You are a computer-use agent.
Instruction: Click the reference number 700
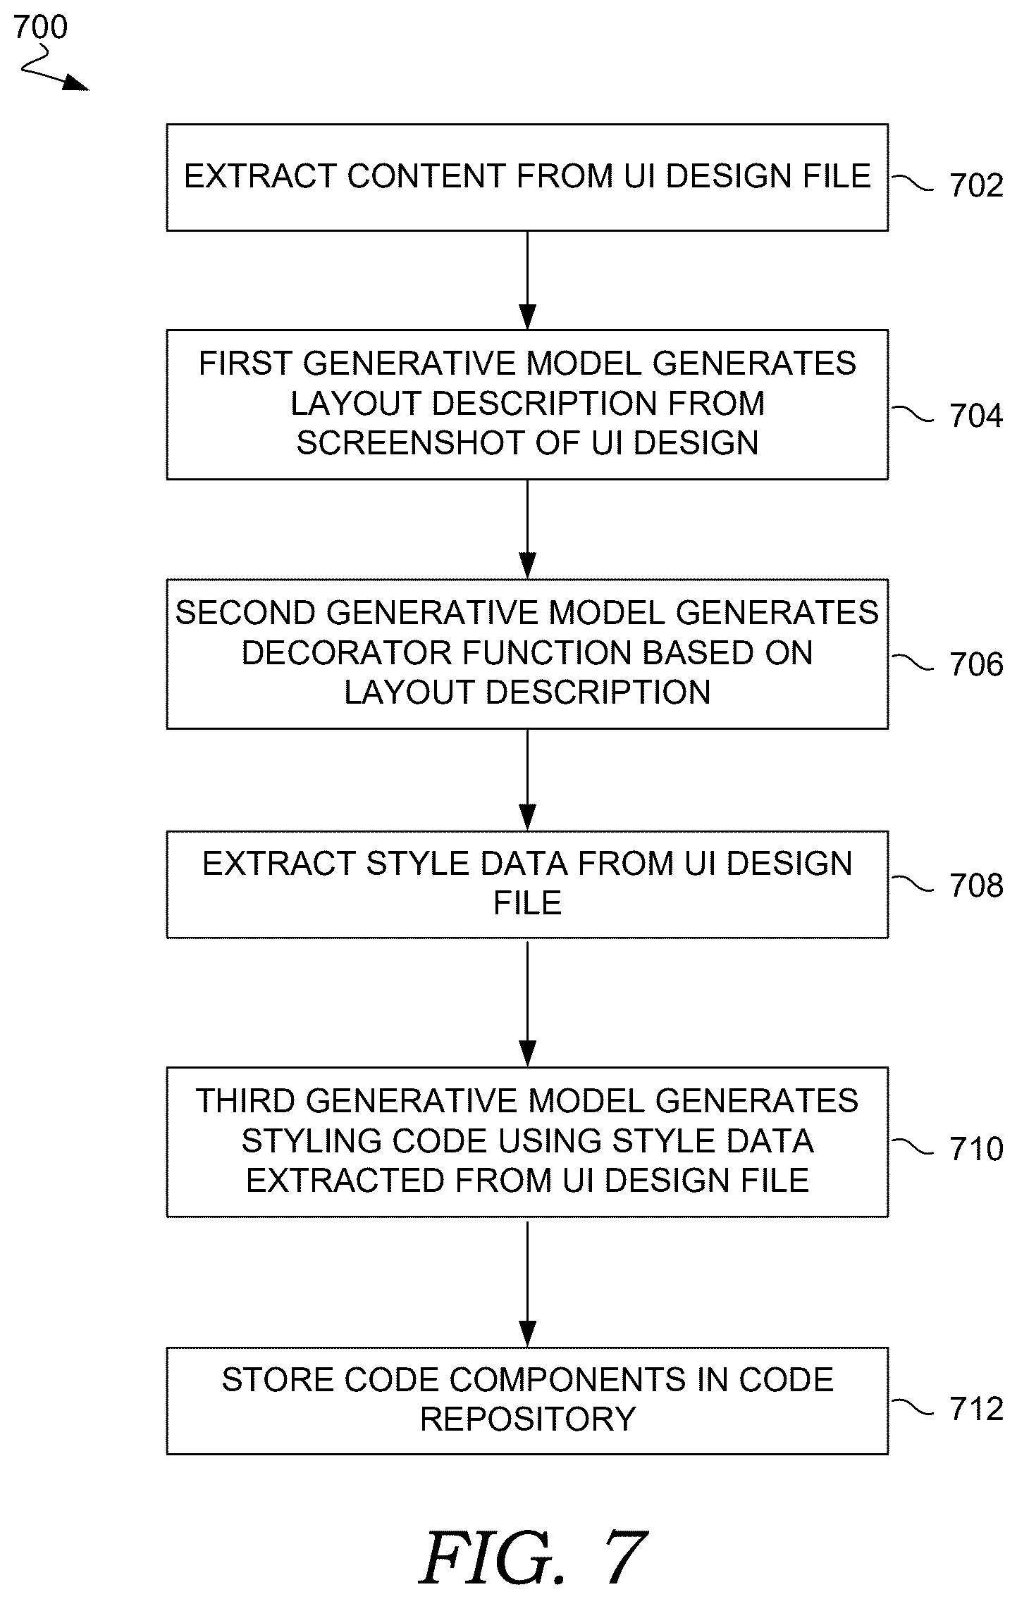tap(40, 27)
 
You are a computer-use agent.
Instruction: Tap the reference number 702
tap(977, 185)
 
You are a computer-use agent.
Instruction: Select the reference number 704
tap(977, 416)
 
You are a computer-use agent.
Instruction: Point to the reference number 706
tap(977, 665)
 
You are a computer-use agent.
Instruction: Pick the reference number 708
tap(977, 886)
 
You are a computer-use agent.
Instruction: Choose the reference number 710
tap(977, 1149)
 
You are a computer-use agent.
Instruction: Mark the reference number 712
tap(977, 1409)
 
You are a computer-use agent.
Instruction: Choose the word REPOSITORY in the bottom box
tap(528, 1419)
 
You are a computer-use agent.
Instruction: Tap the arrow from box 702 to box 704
tap(527, 280)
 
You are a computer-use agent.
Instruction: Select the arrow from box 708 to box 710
tap(527, 1003)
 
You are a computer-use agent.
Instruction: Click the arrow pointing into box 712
tap(527, 1282)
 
